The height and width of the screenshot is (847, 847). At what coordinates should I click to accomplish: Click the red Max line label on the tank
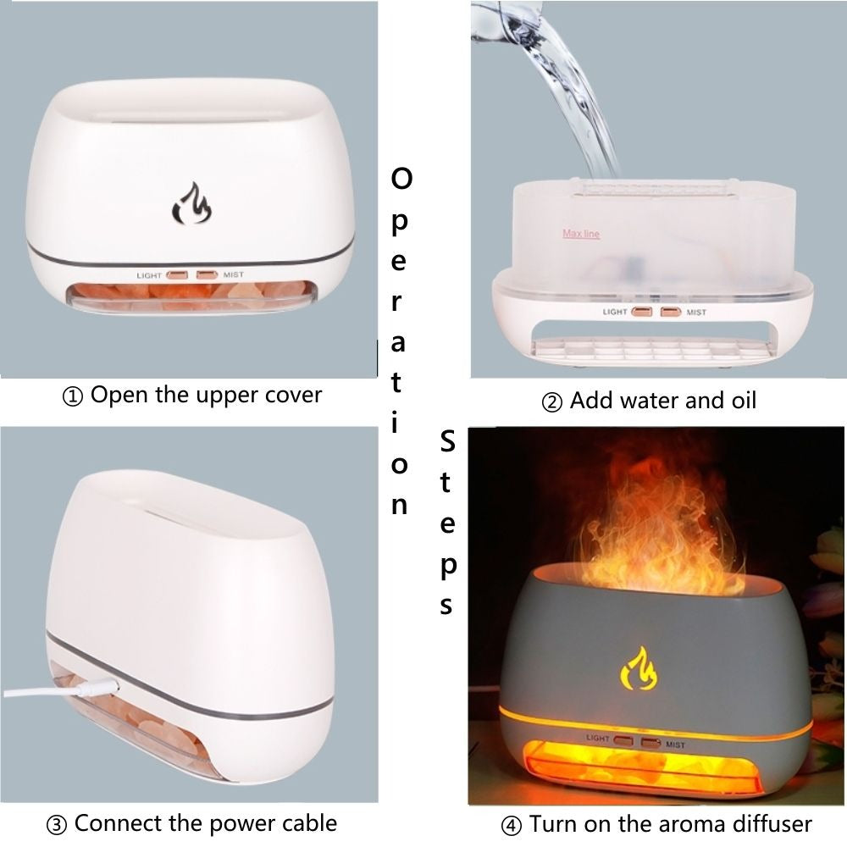click(581, 234)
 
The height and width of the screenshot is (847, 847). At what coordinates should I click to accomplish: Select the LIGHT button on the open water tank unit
click(641, 312)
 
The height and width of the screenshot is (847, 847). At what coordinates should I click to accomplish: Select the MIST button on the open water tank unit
click(671, 312)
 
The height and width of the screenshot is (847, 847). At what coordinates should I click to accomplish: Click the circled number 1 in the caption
click(75, 396)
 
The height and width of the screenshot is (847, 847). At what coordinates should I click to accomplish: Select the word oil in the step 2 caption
click(738, 400)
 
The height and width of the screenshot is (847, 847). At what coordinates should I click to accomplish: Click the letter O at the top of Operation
click(402, 179)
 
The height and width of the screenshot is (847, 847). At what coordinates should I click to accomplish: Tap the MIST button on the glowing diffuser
click(650, 742)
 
